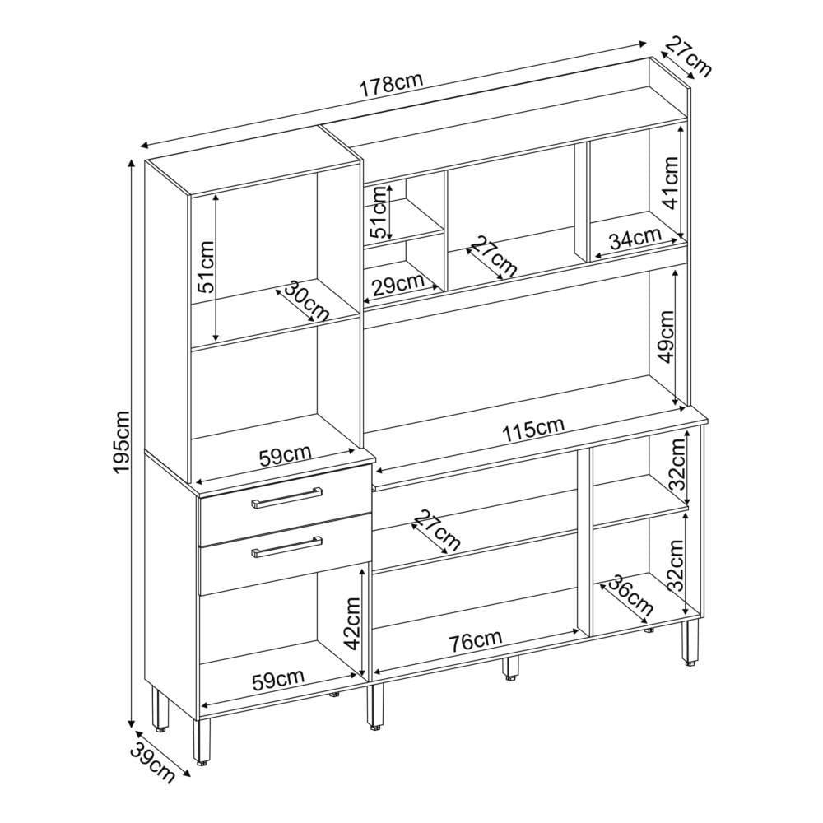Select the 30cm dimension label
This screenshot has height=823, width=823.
click(307, 301)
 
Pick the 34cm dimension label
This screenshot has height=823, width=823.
click(635, 238)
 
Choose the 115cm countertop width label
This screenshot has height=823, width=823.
click(533, 430)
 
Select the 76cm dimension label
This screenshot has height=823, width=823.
click(476, 641)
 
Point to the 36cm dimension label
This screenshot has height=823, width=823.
click(631, 597)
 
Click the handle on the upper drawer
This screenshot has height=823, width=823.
click(286, 497)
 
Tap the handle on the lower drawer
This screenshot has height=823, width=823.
click(286, 546)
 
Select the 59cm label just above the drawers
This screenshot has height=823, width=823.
click(286, 455)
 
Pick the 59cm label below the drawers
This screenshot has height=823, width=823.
click(278, 681)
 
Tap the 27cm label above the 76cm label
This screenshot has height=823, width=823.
click(437, 531)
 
